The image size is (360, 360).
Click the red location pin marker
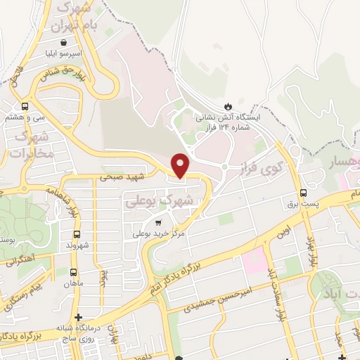pos(181,165)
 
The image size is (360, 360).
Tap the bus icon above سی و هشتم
pos(25,106)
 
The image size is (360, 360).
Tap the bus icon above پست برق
pos(304,193)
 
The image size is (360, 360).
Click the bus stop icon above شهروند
pos(76,234)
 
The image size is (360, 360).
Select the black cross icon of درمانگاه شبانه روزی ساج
pos(79,318)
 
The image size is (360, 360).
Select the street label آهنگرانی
pos(18,261)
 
